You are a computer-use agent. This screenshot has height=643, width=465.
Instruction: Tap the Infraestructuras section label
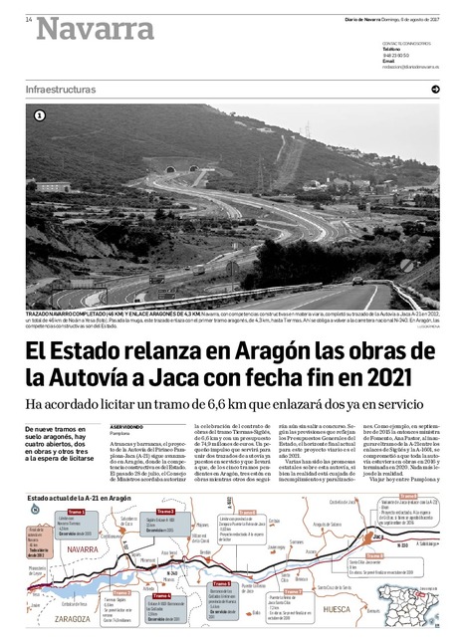[x=61, y=90]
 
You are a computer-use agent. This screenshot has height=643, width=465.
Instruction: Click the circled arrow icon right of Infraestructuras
[x=435, y=90]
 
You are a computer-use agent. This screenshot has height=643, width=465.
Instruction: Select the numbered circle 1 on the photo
[x=39, y=115]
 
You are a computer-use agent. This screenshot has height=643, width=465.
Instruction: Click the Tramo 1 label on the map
[x=76, y=511]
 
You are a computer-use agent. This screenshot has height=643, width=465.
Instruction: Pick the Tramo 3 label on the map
[x=164, y=511]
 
